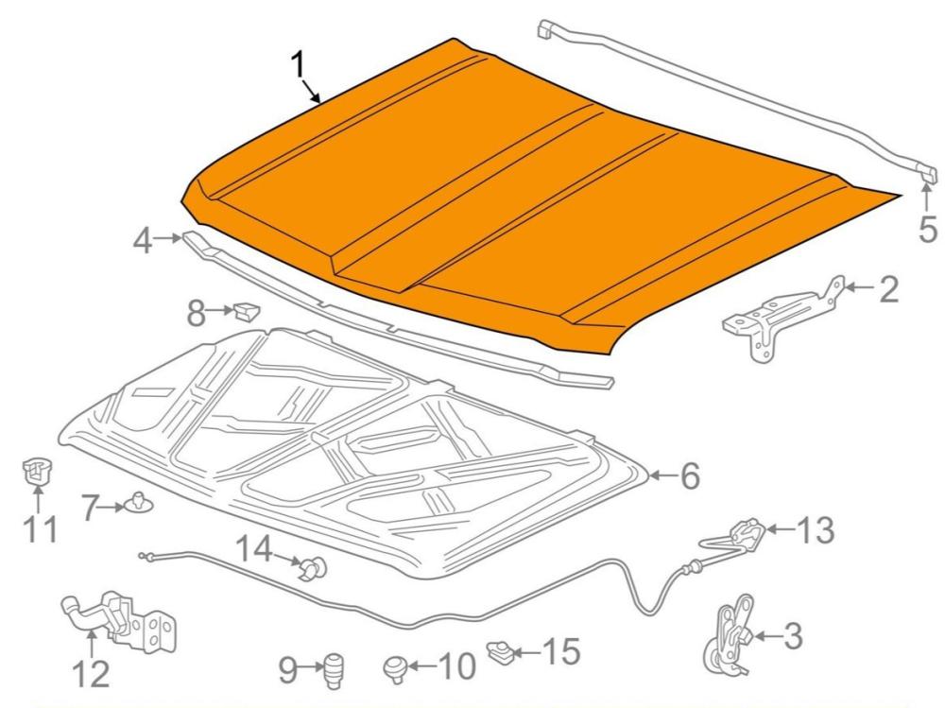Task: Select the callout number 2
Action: click(x=888, y=289)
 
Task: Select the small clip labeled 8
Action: click(x=247, y=308)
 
